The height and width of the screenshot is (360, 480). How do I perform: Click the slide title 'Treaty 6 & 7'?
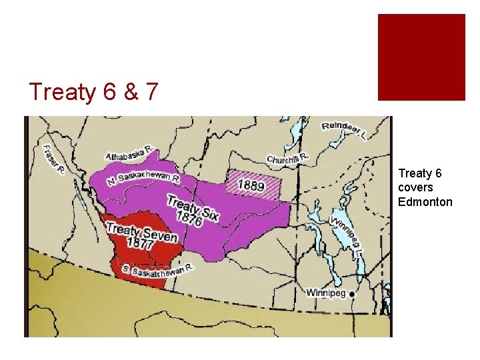(93, 92)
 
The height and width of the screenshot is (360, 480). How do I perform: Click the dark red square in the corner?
(421, 57)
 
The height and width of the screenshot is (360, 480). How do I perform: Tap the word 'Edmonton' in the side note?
(425, 202)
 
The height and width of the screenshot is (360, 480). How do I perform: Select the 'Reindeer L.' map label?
(344, 131)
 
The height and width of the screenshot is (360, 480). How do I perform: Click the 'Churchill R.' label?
(289, 159)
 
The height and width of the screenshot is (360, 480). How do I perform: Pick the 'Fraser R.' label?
(53, 160)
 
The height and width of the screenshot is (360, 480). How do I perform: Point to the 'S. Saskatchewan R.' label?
(157, 270)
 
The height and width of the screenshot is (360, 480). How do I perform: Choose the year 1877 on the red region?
(138, 245)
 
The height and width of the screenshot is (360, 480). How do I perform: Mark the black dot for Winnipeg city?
(352, 293)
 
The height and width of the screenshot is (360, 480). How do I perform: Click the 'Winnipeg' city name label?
(326, 293)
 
